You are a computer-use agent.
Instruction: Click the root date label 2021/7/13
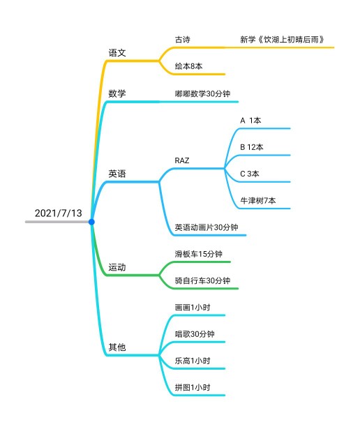(x=58, y=213)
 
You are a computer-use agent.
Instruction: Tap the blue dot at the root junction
(x=91, y=222)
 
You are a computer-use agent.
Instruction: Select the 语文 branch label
(x=117, y=53)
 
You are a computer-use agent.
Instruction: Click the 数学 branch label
(x=117, y=93)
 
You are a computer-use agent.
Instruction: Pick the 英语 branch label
(x=117, y=174)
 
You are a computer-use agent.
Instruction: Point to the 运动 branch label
(x=117, y=267)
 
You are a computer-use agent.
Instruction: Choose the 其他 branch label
(x=117, y=347)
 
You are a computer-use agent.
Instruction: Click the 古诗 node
(x=183, y=40)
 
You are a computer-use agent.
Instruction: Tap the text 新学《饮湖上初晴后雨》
(x=282, y=40)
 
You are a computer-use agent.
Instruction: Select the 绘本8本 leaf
(x=188, y=66)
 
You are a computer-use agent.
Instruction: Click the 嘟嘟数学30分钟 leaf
(x=202, y=93)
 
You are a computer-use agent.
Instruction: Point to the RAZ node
(x=182, y=160)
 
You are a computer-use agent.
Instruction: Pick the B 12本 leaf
(x=252, y=147)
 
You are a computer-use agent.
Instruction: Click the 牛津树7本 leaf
(x=258, y=200)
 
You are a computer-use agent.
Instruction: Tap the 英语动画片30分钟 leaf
(x=207, y=227)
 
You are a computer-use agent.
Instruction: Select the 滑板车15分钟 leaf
(x=199, y=254)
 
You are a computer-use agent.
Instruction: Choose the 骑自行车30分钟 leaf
(x=202, y=280)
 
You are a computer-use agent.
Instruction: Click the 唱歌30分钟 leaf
(x=195, y=334)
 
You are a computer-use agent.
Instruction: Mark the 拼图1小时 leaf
(x=193, y=388)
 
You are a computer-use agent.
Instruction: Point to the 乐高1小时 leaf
(x=193, y=361)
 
